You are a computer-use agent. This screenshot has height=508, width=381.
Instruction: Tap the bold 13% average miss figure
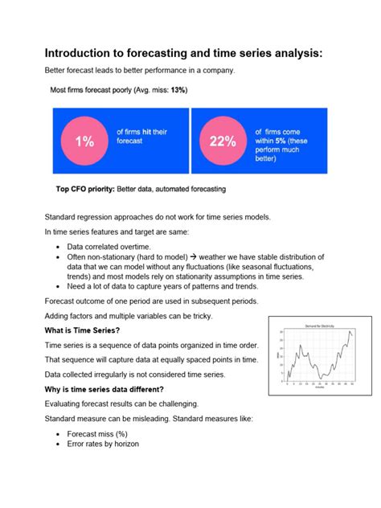pyautogui.click(x=177, y=90)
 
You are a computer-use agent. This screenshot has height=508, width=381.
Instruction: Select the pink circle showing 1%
pyautogui.click(x=83, y=141)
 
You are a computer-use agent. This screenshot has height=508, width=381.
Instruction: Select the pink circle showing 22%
pyautogui.click(x=222, y=141)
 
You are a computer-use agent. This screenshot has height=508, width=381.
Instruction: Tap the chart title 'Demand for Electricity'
pyautogui.click(x=319, y=324)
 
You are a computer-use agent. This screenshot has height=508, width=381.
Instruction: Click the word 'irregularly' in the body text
pyautogui.click(x=119, y=374)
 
